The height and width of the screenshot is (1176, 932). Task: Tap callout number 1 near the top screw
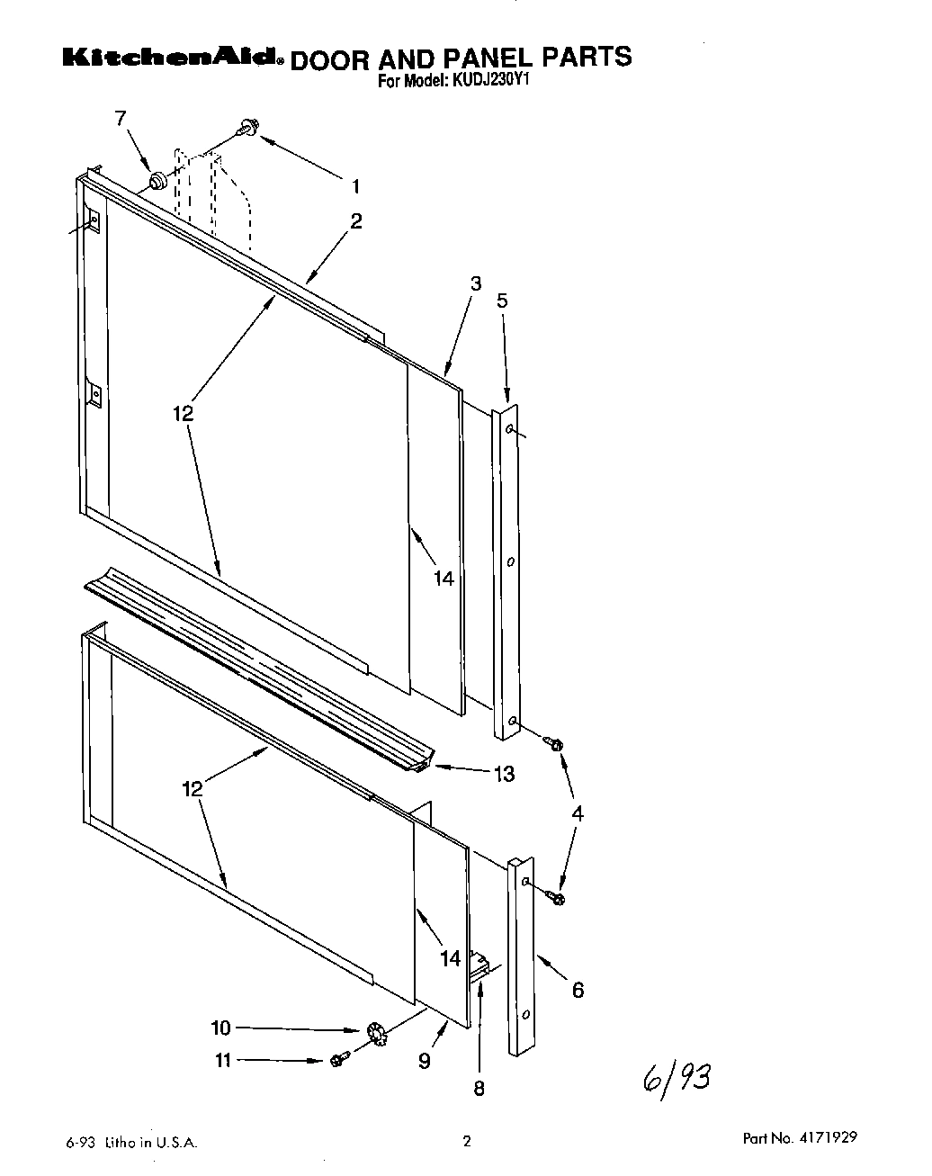tap(355, 186)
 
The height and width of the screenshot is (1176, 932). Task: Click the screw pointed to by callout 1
tap(246, 130)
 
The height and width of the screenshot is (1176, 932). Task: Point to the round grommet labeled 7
tap(157, 182)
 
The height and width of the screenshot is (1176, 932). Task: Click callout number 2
tap(356, 221)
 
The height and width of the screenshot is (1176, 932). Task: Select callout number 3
tap(476, 283)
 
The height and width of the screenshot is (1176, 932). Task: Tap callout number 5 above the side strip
tap(502, 301)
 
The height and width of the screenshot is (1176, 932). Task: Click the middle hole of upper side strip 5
tap(510, 561)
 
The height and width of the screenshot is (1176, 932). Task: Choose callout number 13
tap(504, 774)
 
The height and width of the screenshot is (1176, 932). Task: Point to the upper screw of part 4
tap(554, 744)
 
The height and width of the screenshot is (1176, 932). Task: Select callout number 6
tap(578, 990)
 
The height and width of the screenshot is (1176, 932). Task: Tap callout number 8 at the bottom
tap(479, 1089)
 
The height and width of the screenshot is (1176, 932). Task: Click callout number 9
tap(424, 1061)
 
